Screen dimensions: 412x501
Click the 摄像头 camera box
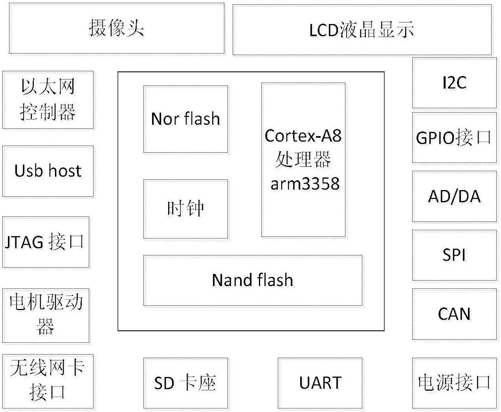(117, 28)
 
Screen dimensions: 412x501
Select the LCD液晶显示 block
(362, 30)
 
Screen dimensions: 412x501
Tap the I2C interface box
(454, 83)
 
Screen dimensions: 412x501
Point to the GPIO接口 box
(454, 138)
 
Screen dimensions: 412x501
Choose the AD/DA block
(454, 196)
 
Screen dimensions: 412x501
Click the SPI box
(454, 255)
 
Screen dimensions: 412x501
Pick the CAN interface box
(454, 314)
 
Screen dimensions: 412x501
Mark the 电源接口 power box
(454, 383)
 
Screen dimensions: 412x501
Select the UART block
(320, 383)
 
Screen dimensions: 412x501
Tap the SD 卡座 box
(185, 383)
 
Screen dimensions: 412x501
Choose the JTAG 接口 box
(46, 242)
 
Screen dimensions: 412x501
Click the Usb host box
(48, 171)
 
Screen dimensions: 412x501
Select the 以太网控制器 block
(48, 100)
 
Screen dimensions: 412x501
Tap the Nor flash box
(185, 119)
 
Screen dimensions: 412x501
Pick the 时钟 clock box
(185, 209)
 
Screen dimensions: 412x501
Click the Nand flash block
(253, 280)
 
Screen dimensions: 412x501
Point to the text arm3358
(305, 184)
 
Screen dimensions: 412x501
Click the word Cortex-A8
(303, 136)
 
